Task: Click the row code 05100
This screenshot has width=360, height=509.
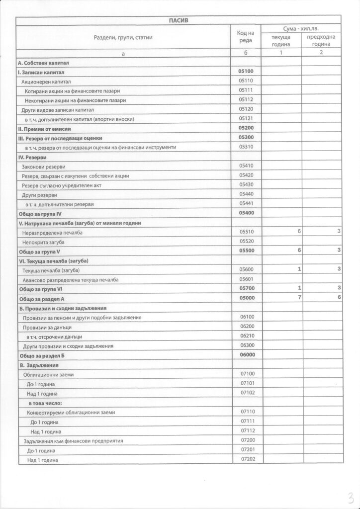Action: [x=246, y=72]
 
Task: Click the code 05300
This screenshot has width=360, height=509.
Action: [x=246, y=138]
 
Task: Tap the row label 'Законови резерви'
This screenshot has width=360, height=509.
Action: [x=44, y=167]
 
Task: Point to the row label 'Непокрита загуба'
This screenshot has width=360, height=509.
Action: [x=44, y=242]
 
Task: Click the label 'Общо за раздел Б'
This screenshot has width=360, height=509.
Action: [x=42, y=356]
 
